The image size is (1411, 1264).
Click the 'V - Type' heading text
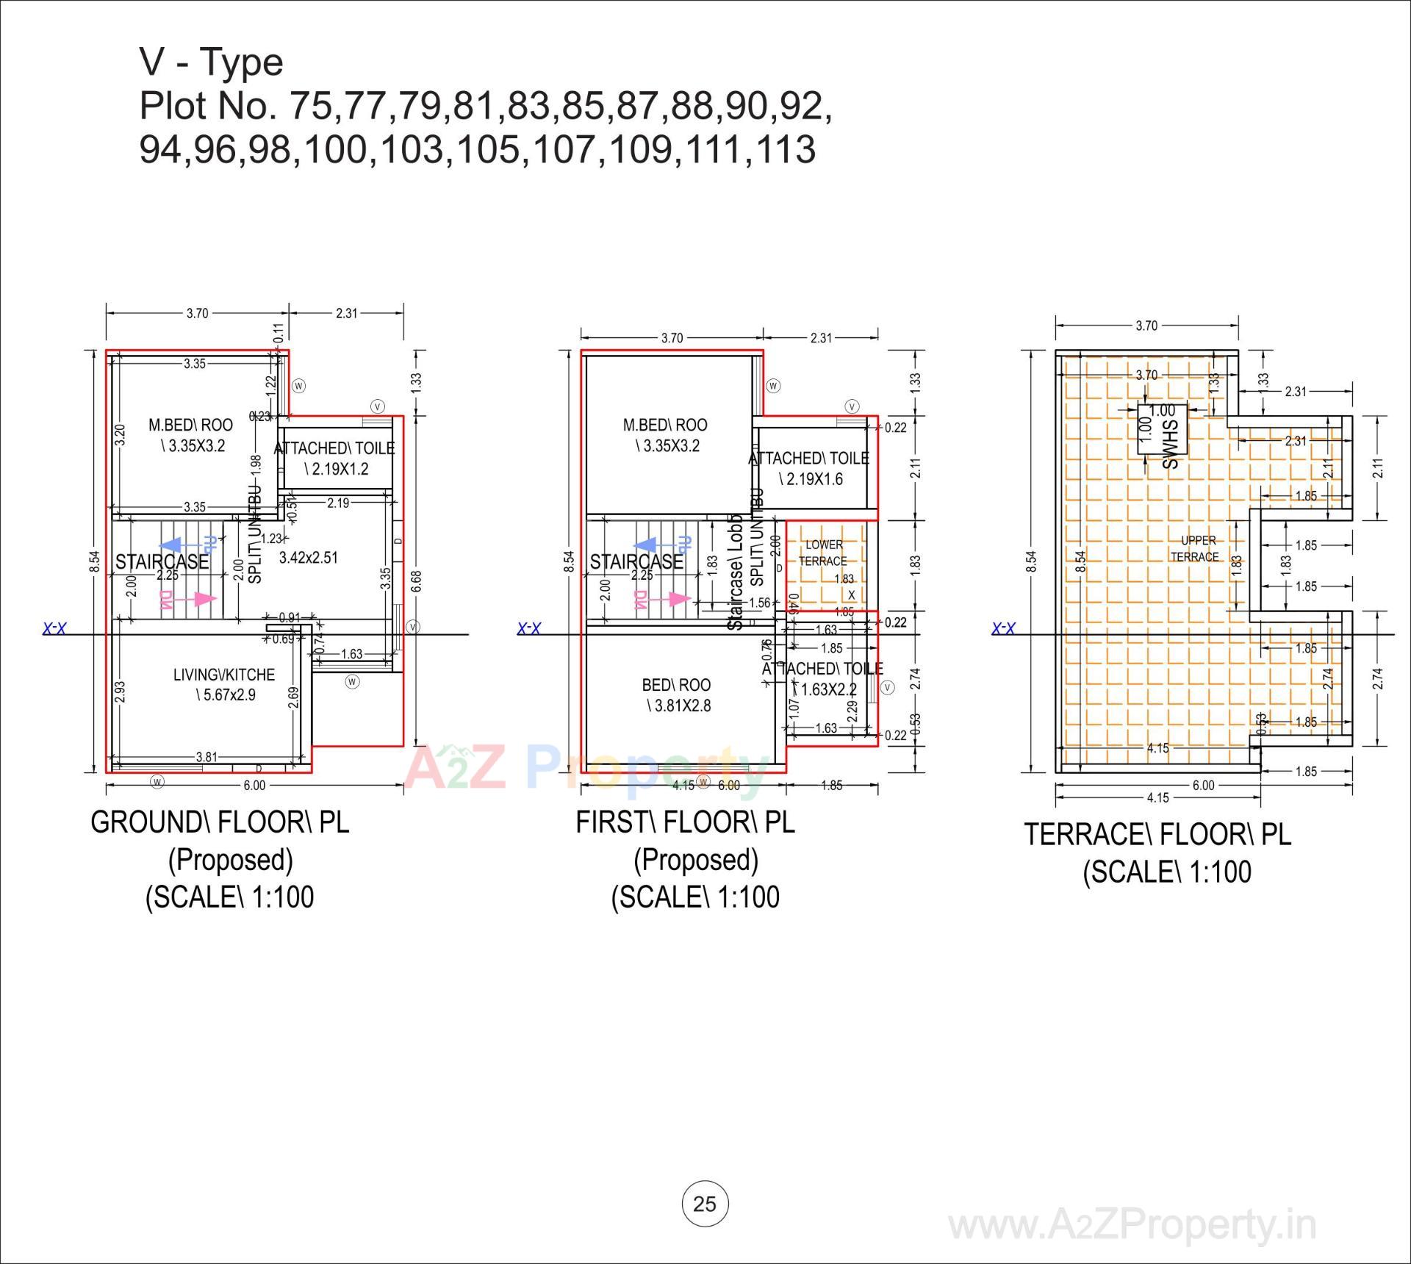pyautogui.click(x=211, y=62)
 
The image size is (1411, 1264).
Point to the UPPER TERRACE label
pyautogui.click(x=1195, y=549)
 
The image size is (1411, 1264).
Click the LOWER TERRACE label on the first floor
pyautogui.click(x=823, y=553)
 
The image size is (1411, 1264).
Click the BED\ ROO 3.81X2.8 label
pyautogui.click(x=677, y=695)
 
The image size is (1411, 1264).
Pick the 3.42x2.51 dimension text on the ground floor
pyautogui.click(x=309, y=558)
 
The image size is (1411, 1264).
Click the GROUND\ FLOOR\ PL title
pyautogui.click(x=220, y=822)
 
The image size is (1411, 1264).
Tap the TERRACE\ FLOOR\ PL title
pyautogui.click(x=1157, y=835)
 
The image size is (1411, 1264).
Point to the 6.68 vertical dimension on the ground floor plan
pyautogui.click(x=417, y=581)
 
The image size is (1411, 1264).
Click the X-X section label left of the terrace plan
pyautogui.click(x=1003, y=629)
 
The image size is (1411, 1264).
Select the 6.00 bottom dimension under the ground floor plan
pyautogui.click(x=254, y=786)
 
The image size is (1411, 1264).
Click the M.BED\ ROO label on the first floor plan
pyautogui.click(x=665, y=425)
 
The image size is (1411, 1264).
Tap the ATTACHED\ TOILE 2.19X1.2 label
pyautogui.click(x=335, y=458)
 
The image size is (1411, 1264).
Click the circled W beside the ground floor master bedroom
pyautogui.click(x=298, y=386)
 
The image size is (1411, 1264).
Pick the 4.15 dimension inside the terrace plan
pyautogui.click(x=1157, y=748)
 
